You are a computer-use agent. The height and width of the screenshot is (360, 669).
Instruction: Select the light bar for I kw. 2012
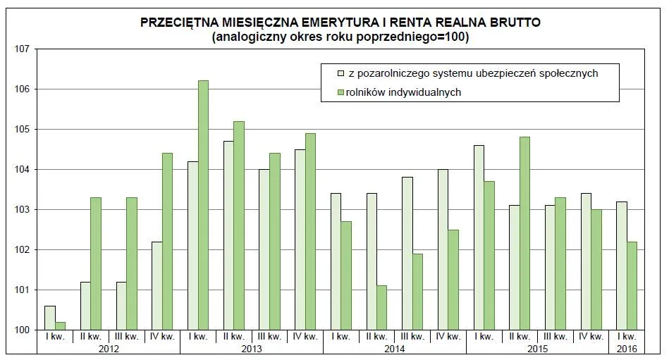tap(50, 318)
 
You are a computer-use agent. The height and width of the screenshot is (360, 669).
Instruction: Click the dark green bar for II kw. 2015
tap(524, 233)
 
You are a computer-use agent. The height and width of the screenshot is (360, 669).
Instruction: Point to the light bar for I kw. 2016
tap(621, 266)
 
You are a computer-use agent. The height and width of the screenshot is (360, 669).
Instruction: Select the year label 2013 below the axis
tap(252, 349)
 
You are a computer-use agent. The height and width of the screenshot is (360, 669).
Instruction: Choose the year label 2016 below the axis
tap(627, 349)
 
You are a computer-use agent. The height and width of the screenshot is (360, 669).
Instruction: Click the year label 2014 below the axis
tap(395, 349)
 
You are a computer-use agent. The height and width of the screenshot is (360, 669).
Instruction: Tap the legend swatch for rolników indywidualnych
tap(340, 92)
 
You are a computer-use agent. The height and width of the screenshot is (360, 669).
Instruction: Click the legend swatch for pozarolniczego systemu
tap(340, 73)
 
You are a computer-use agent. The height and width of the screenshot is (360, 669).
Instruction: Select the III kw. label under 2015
tap(556, 337)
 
